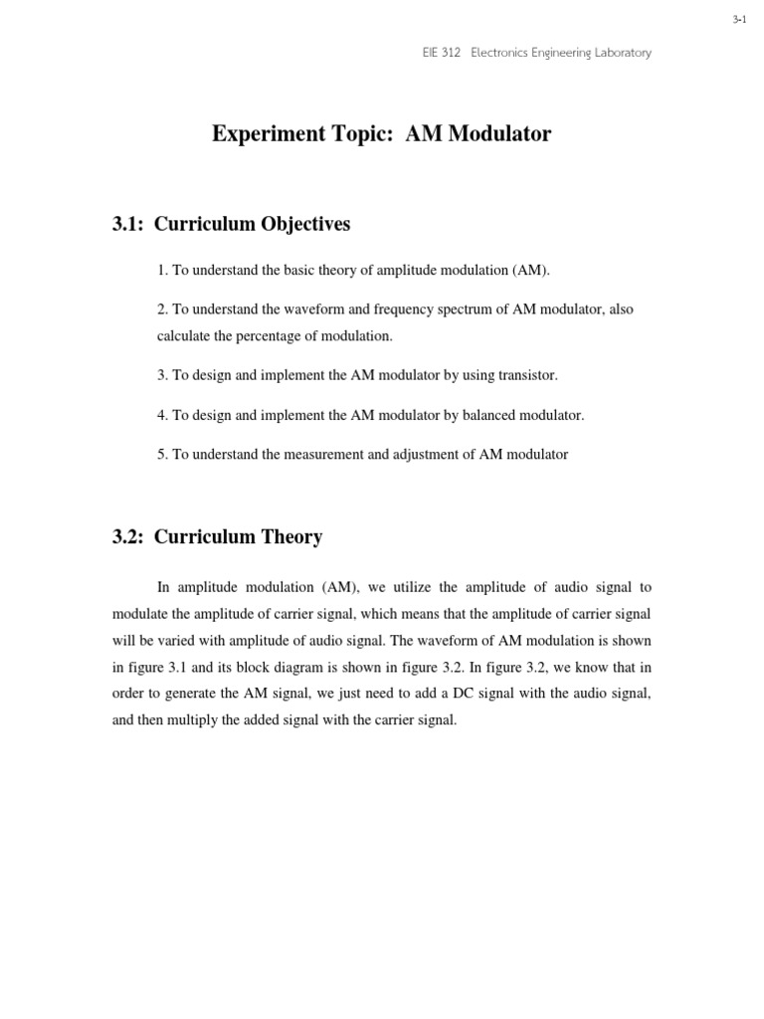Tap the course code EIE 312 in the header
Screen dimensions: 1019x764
point(442,53)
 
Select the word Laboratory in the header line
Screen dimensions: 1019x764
point(622,53)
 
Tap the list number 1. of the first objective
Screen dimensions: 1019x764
point(162,271)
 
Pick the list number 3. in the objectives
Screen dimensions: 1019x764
point(162,375)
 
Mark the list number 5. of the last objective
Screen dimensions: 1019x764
point(162,455)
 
